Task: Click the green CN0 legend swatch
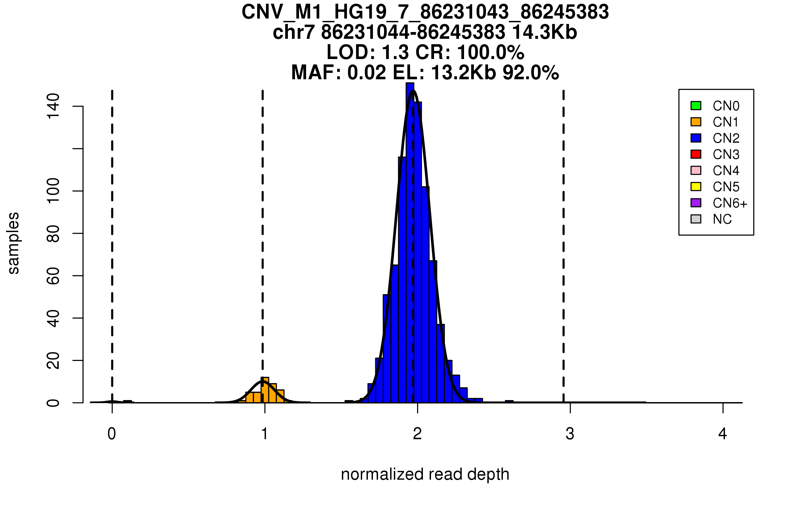(x=696, y=106)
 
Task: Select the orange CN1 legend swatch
(x=696, y=122)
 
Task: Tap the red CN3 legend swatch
(x=696, y=154)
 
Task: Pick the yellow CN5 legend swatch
(x=696, y=187)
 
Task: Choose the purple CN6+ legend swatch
(x=696, y=203)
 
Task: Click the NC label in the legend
(x=722, y=219)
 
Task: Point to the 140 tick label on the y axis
(x=53, y=106)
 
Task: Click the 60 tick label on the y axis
(x=53, y=276)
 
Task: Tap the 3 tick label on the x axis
(x=570, y=434)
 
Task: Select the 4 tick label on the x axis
(x=723, y=434)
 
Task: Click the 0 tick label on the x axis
(x=112, y=434)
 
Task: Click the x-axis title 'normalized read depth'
(x=425, y=474)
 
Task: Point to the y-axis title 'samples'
(x=13, y=243)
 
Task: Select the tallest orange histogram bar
(x=265, y=390)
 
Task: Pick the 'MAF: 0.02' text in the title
(x=339, y=73)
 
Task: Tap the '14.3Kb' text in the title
(x=544, y=32)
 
